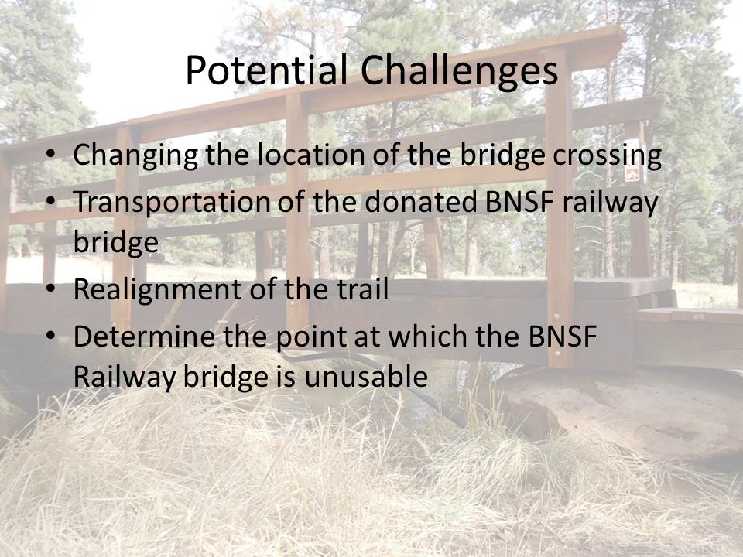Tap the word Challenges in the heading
[x=459, y=70]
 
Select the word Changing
[x=135, y=155]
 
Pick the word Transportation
[x=171, y=202]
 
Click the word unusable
[x=366, y=377]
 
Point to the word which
[x=428, y=336]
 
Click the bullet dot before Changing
[x=51, y=155]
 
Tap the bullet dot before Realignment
[x=51, y=289]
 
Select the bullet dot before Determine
[x=51, y=336]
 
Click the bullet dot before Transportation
[x=51, y=201]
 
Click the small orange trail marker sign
[x=632, y=174]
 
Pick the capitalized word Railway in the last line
[x=125, y=378]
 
